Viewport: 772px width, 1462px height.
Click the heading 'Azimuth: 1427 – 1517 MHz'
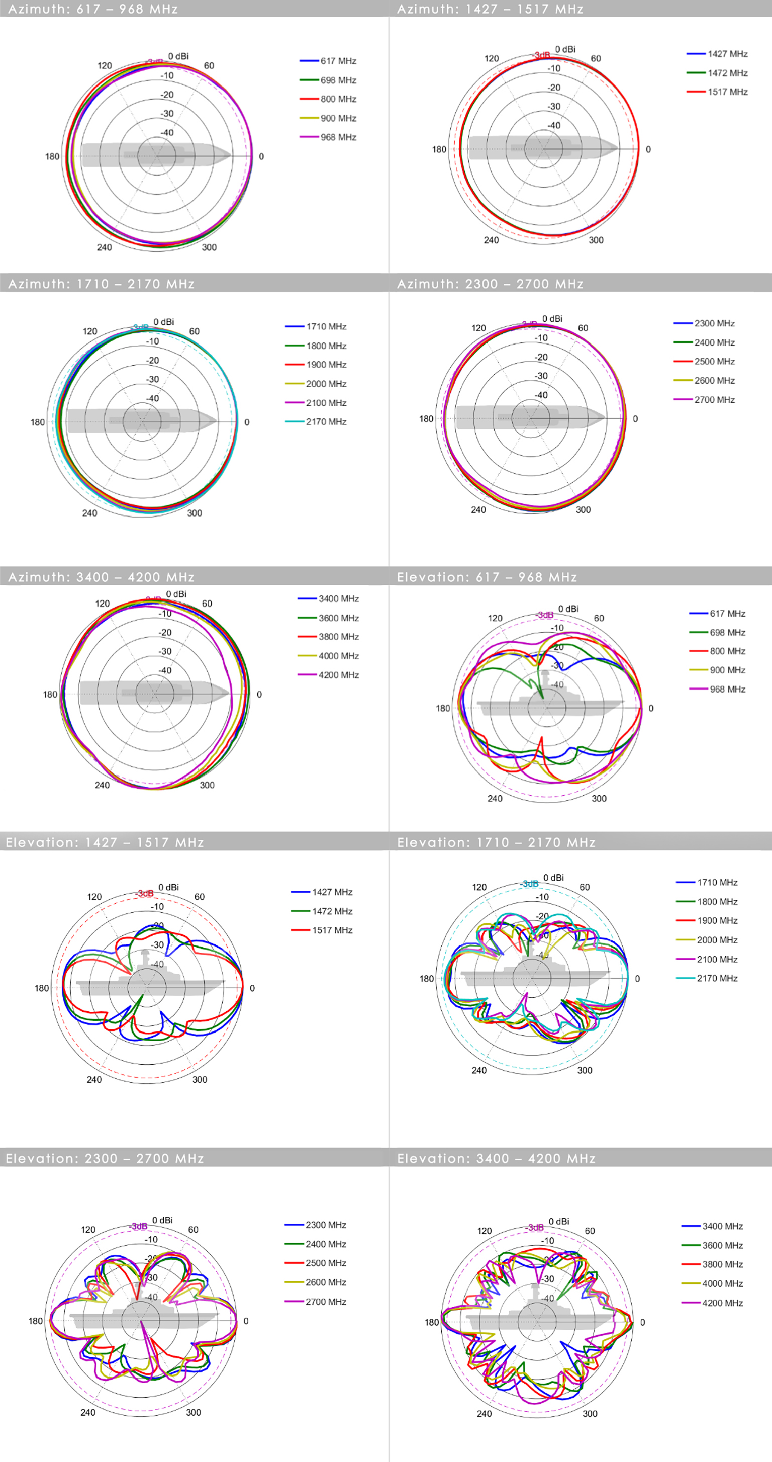[x=490, y=9]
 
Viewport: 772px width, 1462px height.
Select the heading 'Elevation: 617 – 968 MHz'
[x=487, y=577]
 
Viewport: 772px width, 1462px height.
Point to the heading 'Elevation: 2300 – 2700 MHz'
[x=105, y=1158]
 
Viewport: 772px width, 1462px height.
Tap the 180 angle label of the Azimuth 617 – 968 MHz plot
[x=52, y=156]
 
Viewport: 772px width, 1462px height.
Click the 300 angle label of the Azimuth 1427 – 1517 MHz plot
[x=596, y=240]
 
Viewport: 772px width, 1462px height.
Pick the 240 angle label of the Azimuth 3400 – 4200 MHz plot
[x=102, y=785]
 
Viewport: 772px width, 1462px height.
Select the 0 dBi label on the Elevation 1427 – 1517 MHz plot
[x=168, y=887]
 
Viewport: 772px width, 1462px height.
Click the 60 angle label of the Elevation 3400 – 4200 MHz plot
[x=590, y=1231]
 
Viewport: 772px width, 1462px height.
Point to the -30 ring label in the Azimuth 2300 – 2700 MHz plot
[x=541, y=376]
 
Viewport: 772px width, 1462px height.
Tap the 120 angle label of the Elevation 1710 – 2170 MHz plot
[x=479, y=887]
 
